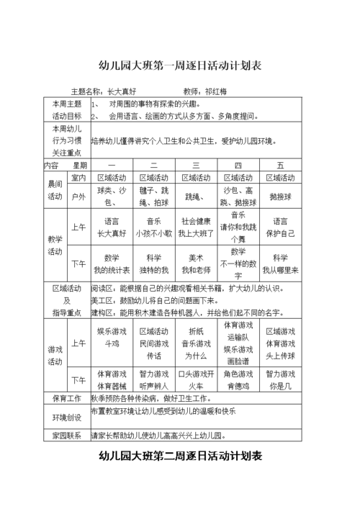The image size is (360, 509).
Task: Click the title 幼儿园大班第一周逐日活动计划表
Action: pyautogui.click(x=179, y=66)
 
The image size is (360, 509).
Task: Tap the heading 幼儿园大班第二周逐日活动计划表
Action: pyautogui.click(x=180, y=456)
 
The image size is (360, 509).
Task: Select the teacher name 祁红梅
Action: pyautogui.click(x=215, y=92)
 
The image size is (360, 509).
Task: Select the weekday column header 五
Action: pyautogui.click(x=280, y=166)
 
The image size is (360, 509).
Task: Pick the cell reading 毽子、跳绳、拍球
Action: pyautogui.click(x=154, y=197)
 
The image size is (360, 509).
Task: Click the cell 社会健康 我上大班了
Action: pyautogui.click(x=196, y=227)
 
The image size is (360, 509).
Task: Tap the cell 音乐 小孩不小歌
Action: pyautogui.click(x=154, y=227)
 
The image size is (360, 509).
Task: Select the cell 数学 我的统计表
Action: pyautogui.click(x=112, y=263)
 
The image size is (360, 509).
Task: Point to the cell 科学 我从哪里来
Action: pyautogui.click(x=280, y=263)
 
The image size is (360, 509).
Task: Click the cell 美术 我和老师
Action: pyautogui.click(x=196, y=263)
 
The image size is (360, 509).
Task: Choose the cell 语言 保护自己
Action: pyautogui.click(x=280, y=227)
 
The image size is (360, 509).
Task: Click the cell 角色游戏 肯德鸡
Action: pyautogui.click(x=238, y=379)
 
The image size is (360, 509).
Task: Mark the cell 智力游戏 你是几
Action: pyautogui.click(x=280, y=379)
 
